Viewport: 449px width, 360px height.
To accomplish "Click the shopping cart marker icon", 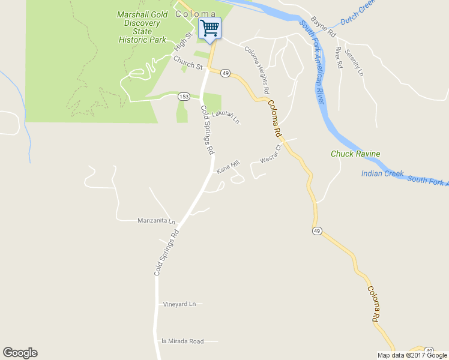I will tap(209, 28).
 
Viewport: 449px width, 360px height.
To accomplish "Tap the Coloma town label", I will tap(195, 14).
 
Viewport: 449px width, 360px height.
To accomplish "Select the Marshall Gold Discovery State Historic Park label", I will tap(142, 27).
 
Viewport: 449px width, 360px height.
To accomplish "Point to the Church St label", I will tap(187, 62).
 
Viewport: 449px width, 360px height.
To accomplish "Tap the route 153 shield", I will tap(184, 97).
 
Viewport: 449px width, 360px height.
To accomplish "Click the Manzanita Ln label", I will tap(156, 221).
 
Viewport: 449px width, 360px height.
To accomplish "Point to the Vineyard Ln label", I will tap(179, 304).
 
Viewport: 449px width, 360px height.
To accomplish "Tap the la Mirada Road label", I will tap(182, 341).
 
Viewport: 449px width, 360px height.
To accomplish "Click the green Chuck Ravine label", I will tap(355, 154).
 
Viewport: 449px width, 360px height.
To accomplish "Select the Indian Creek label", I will tap(382, 174).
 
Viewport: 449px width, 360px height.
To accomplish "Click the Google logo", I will tap(20, 353).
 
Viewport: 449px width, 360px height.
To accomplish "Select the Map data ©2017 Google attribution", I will tap(412, 355).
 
